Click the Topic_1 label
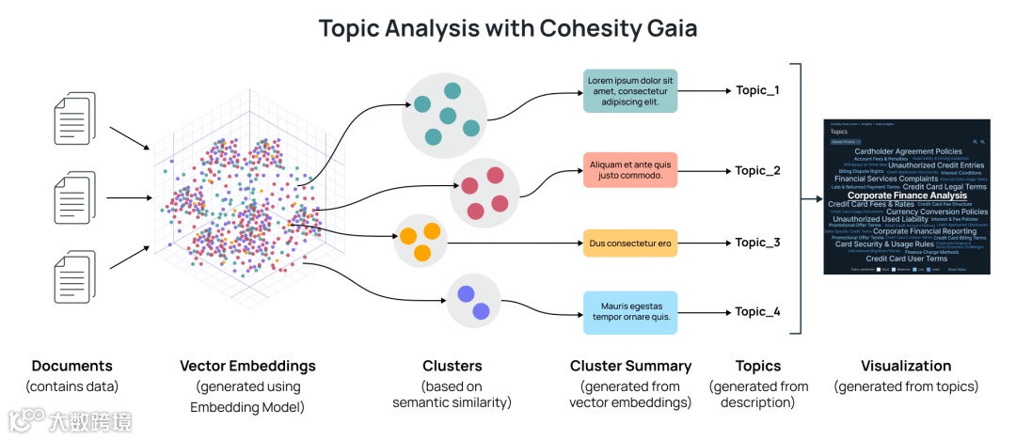tap(757, 91)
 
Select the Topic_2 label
tap(757, 171)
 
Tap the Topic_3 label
tap(757, 243)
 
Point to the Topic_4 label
tap(757, 312)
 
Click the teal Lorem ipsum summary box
tap(630, 91)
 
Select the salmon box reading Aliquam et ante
tap(630, 170)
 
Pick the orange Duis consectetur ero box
tap(630, 244)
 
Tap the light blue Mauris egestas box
tap(630, 312)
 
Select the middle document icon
tap(74, 197)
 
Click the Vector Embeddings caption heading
tap(247, 366)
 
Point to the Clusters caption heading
tap(452, 366)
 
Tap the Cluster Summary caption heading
tap(630, 366)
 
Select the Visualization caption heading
tap(906, 366)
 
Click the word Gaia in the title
tap(670, 28)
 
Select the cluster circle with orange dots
tap(421, 240)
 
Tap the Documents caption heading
tap(71, 366)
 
